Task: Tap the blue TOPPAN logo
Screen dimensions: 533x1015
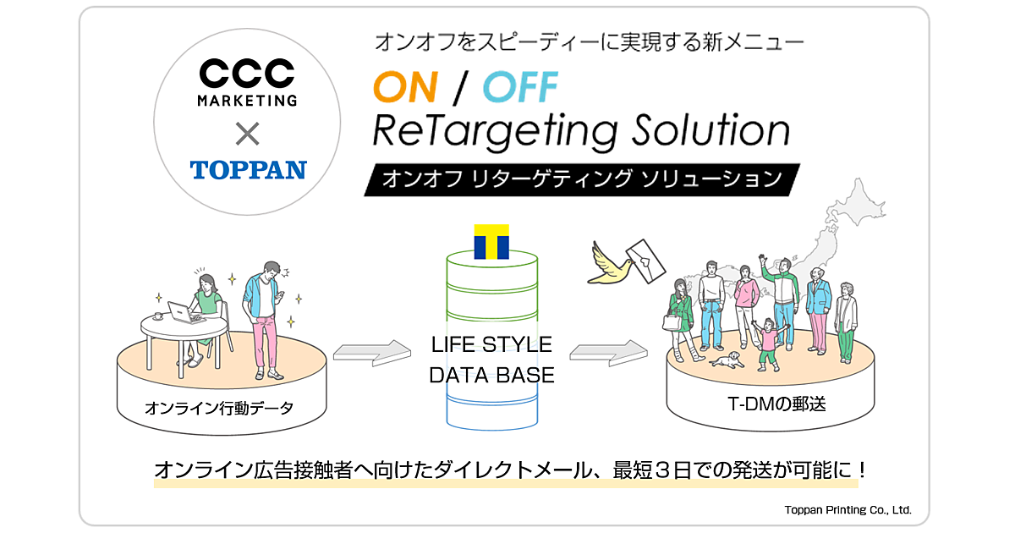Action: point(248,169)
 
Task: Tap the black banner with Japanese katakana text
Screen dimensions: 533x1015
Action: point(582,179)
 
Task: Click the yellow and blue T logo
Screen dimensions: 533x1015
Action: point(491,242)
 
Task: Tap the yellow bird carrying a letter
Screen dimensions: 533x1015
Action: point(615,260)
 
